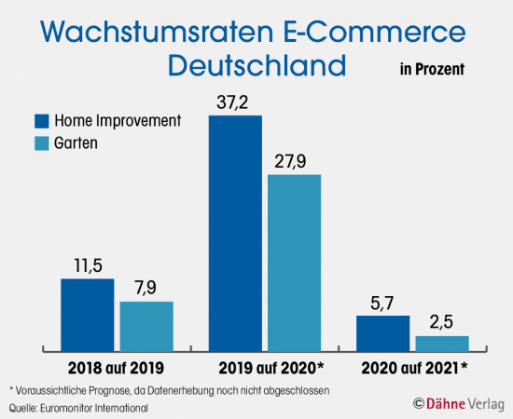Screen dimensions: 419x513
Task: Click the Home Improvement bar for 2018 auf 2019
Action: point(87,313)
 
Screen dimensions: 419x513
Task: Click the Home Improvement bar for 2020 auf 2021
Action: point(382,331)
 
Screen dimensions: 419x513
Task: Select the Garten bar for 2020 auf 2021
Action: point(441,341)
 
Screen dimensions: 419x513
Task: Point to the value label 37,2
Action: point(235,103)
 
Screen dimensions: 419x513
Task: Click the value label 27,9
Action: point(294,160)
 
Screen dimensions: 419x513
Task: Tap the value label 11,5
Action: point(87,264)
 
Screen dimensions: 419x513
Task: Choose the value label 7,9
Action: point(146,287)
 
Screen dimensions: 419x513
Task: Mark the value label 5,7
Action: point(382,302)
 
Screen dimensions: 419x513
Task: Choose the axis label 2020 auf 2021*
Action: point(414,367)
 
